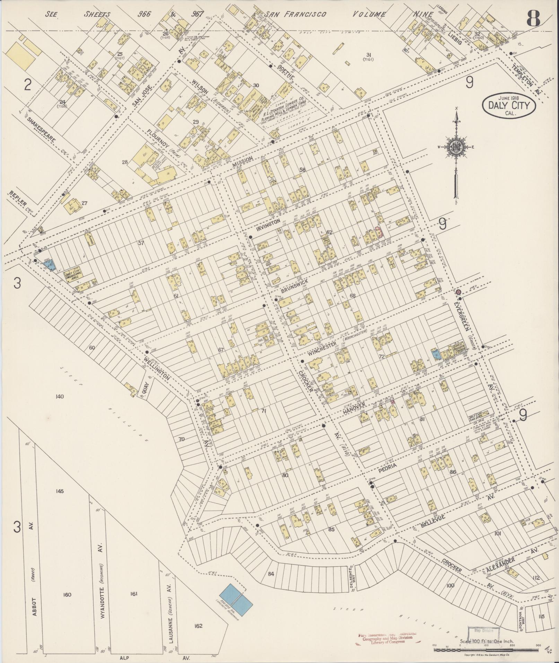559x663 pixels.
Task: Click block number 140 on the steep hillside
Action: click(59, 396)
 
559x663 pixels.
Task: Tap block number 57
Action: click(141, 243)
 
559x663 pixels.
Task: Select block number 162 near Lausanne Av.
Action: click(198, 626)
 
